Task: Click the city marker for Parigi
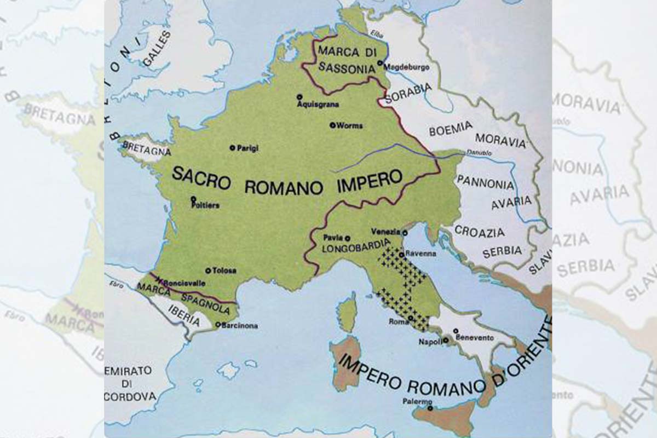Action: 232,147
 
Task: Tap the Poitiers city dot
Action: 193,199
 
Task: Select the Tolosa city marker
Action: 208,270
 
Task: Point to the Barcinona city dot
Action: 218,325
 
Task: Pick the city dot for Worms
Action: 332,125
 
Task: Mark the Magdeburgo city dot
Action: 380,64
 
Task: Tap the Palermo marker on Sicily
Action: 431,407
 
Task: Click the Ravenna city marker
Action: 401,255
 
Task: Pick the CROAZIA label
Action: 480,233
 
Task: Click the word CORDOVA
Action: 130,396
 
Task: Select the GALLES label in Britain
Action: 156,49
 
